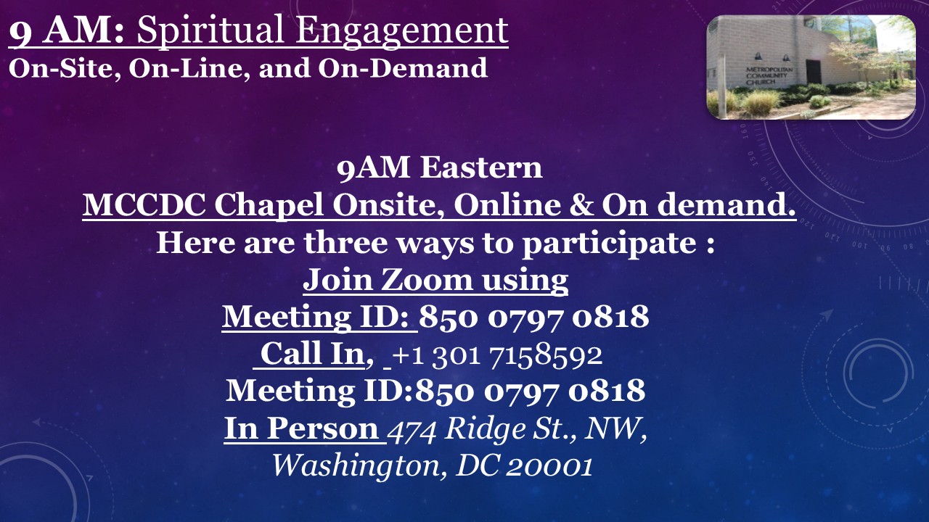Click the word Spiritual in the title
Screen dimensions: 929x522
tap(211, 31)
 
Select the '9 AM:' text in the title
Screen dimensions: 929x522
tap(67, 30)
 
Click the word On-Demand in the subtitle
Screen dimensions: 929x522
tap(403, 67)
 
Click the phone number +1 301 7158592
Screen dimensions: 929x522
tap(497, 355)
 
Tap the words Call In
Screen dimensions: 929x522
tap(312, 354)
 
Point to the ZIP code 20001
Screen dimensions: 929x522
tap(549, 466)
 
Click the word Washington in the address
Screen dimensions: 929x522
tap(356, 466)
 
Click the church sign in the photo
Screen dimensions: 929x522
tap(769, 75)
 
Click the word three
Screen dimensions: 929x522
tap(345, 242)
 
